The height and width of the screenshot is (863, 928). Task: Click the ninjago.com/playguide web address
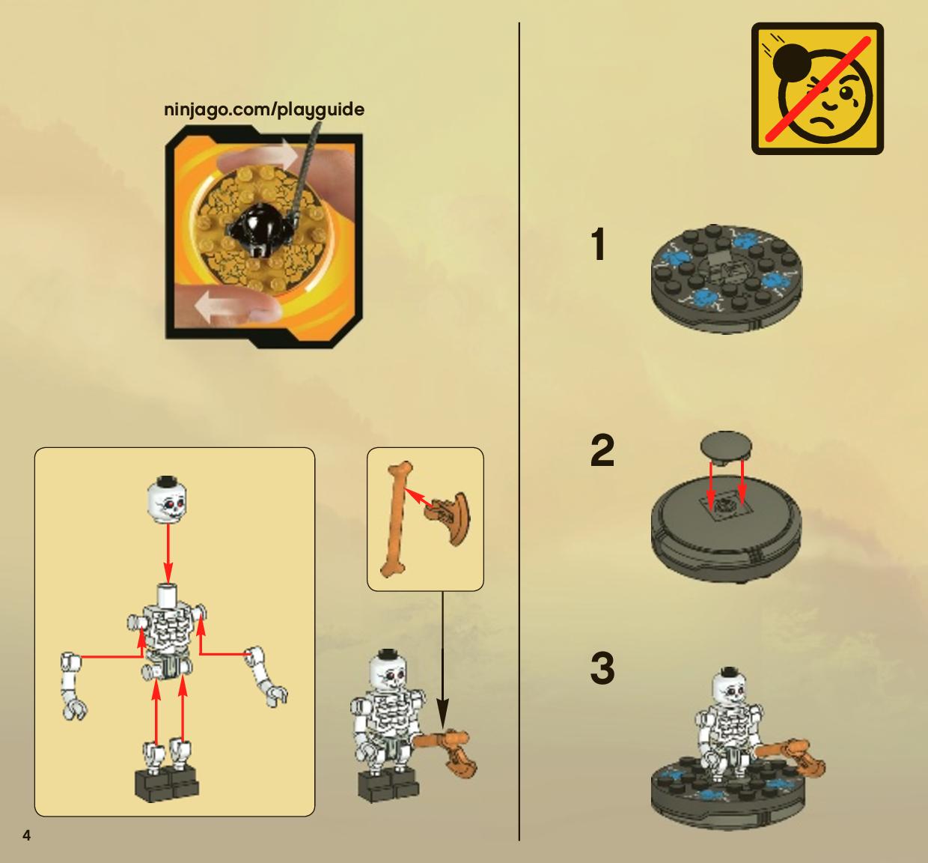coord(264,110)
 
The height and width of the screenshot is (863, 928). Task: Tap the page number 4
coord(27,835)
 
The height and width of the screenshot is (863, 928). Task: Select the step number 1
coord(598,244)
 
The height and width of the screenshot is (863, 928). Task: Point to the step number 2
coord(602,450)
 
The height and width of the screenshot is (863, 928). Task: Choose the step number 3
coord(602,668)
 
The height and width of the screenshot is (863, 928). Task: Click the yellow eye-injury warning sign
coord(817,88)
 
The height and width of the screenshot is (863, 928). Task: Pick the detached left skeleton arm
coord(73,685)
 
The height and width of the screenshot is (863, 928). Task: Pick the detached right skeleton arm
coord(267,676)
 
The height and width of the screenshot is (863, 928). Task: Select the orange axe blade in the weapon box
coord(449,518)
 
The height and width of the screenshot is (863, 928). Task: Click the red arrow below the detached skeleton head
coord(168,553)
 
